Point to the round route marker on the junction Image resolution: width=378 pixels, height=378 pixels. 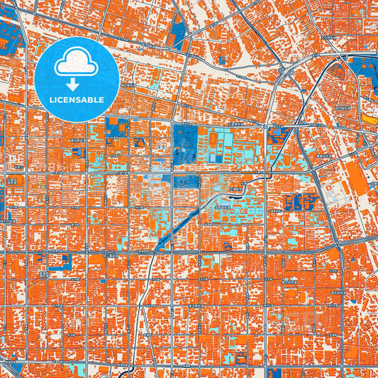(265, 126)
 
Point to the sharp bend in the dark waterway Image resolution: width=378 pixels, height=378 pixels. (245, 186)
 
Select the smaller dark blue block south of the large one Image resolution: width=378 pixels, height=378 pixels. (186, 182)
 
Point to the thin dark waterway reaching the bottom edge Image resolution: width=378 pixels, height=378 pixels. (141, 326)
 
